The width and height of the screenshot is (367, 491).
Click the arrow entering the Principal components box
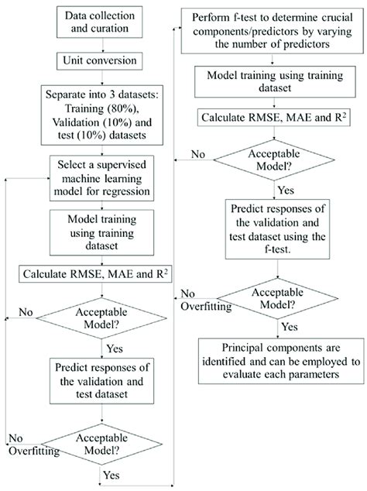pyautogui.click(x=276, y=332)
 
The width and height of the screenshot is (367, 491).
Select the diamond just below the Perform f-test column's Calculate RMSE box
pyautogui.click(x=276, y=159)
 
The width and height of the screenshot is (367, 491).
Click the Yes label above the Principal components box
pyautogui.click(x=289, y=327)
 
